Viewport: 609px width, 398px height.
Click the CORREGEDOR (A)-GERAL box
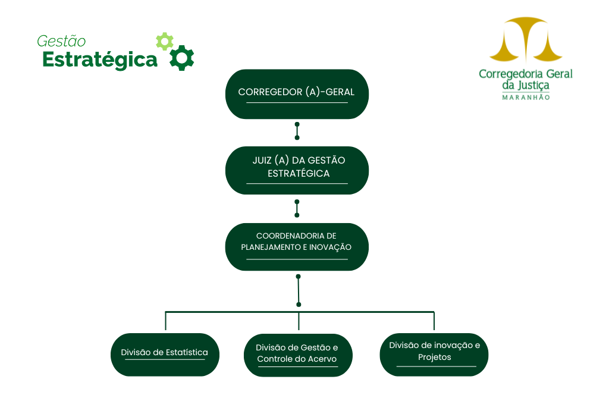click(297, 94)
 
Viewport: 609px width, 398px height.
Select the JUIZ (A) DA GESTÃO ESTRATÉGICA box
click(297, 170)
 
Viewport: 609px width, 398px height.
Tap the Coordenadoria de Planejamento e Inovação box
click(297, 247)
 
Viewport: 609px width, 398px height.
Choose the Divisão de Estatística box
click(165, 355)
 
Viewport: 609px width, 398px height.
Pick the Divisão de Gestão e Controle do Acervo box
click(298, 355)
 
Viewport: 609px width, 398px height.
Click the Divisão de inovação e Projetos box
click(434, 355)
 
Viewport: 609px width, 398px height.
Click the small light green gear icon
click(165, 41)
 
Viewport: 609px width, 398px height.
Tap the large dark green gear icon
click(182, 58)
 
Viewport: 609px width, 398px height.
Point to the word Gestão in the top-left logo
click(61, 41)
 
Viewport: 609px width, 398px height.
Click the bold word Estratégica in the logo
click(100, 60)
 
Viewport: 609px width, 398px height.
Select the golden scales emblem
click(526, 39)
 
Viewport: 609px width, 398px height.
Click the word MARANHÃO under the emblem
click(526, 98)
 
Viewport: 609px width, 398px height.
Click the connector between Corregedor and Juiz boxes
click(297, 131)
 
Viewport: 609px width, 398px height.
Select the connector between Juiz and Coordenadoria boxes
click(297, 208)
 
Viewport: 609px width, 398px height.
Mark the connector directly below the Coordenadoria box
click(299, 290)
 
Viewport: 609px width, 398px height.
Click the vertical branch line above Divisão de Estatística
click(165, 321)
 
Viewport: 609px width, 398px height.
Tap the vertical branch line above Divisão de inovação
click(434, 321)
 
